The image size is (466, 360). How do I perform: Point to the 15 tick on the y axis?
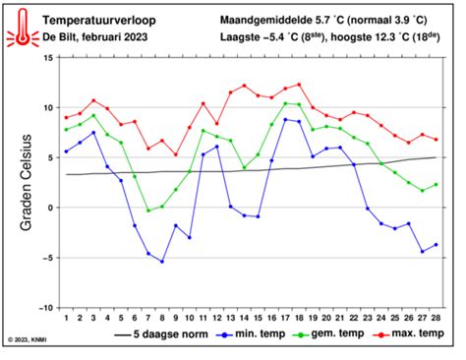point(46,58)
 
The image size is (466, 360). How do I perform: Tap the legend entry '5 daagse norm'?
point(179,334)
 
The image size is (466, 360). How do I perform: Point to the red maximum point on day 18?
point(299,85)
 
